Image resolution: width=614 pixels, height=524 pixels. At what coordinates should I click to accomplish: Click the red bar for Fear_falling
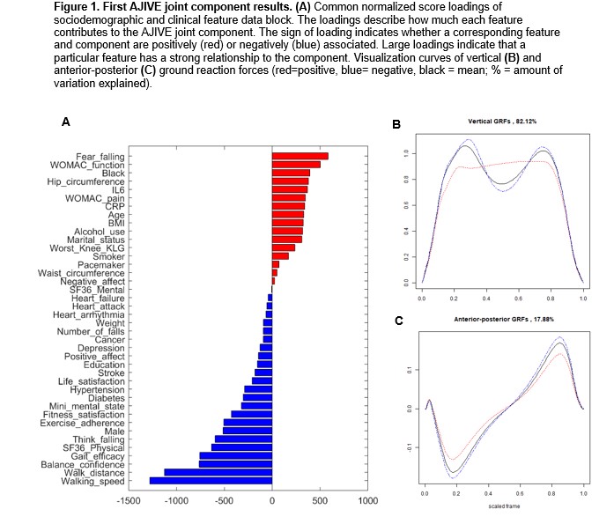pyautogui.click(x=300, y=156)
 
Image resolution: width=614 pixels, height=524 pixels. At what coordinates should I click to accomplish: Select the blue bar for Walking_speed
pyautogui.click(x=211, y=480)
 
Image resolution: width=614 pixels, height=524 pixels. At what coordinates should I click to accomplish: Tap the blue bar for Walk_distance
pyautogui.click(x=218, y=472)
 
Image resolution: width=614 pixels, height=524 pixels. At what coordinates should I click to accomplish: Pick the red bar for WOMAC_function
pyautogui.click(x=296, y=165)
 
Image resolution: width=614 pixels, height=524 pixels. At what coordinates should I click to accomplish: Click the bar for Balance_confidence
pyautogui.click(x=235, y=463)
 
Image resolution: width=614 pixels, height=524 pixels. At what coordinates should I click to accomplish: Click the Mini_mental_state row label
pyautogui.click(x=88, y=405)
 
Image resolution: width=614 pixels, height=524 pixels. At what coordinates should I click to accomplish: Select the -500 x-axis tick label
pyautogui.click(x=224, y=500)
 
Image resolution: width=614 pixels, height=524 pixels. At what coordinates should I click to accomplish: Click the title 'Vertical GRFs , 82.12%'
pyautogui.click(x=502, y=120)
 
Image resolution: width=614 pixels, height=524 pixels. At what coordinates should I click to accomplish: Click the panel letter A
pyautogui.click(x=66, y=123)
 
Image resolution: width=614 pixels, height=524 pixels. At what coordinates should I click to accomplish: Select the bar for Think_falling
pyautogui.click(x=243, y=439)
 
